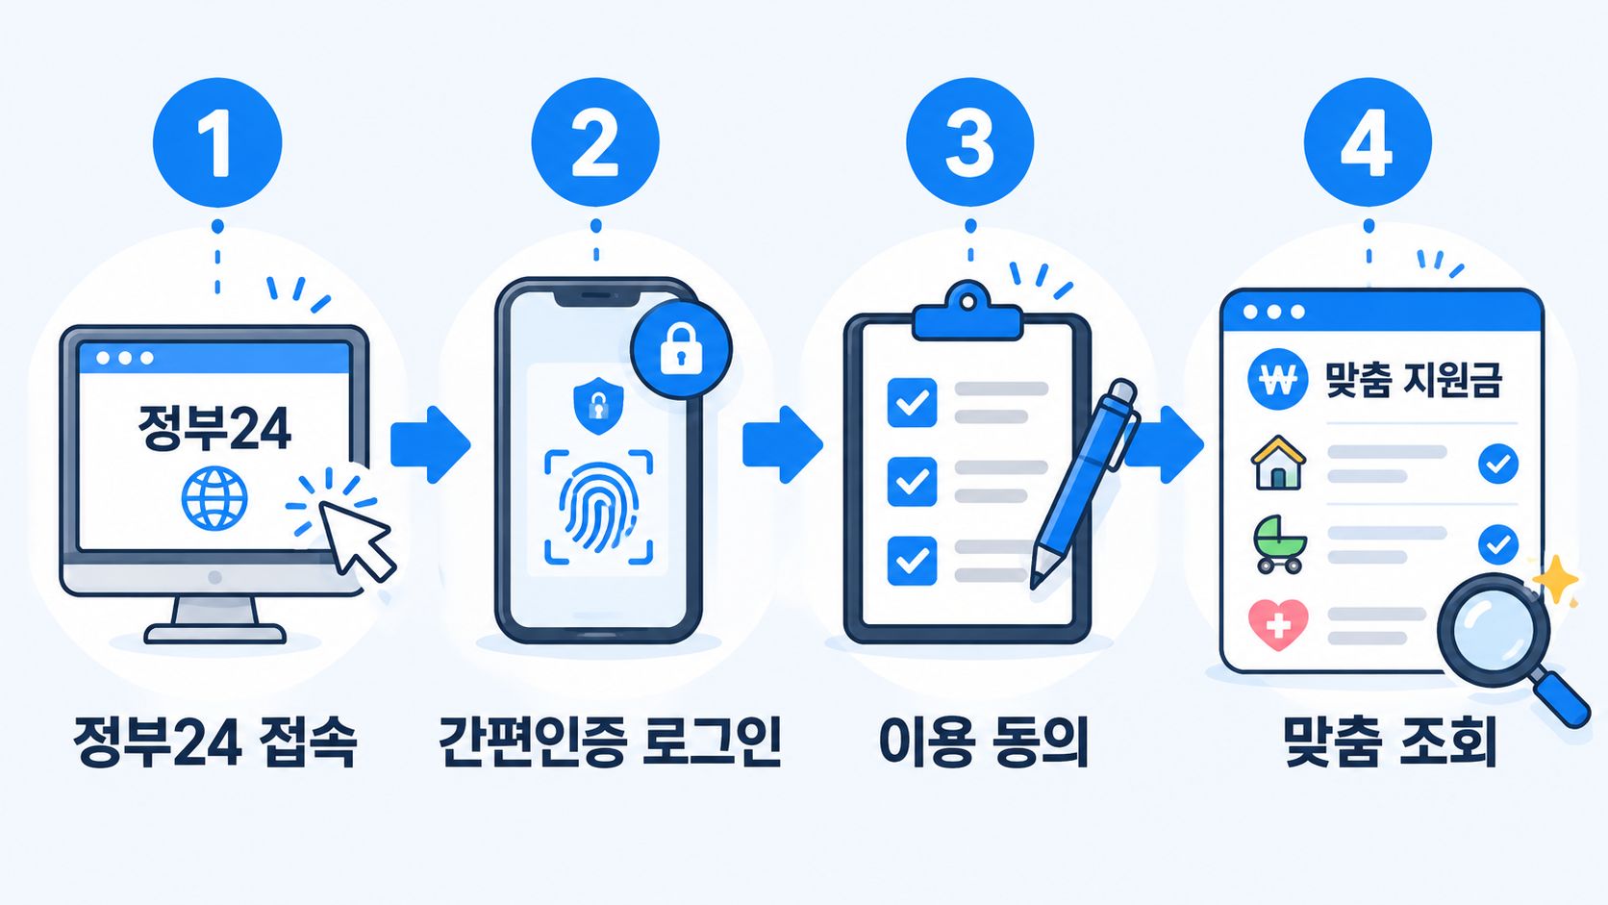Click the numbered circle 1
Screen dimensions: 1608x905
[217, 142]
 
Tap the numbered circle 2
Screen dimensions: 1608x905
[595, 142]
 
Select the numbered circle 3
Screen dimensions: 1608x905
[969, 142]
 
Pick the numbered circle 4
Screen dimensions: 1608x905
[1369, 142]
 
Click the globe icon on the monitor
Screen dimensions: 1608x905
[214, 498]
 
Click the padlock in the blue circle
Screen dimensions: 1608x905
[681, 349]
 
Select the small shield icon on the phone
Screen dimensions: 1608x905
[598, 406]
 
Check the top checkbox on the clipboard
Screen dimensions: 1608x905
[912, 403]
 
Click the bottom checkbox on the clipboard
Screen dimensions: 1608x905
[912, 561]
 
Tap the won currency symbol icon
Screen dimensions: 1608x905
[1277, 379]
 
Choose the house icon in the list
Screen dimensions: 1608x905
[1278, 463]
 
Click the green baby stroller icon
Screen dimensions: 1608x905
[1279, 544]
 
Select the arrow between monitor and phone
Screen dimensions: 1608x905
[430, 445]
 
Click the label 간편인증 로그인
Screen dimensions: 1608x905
[610, 742]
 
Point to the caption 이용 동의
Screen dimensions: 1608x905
[984, 742]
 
